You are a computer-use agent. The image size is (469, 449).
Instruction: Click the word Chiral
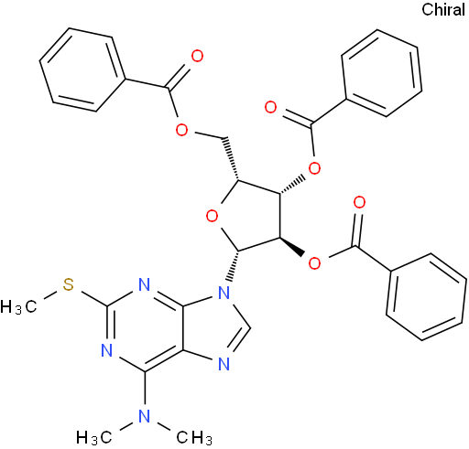point(443,9)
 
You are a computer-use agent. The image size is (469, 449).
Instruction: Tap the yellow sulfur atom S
point(69,284)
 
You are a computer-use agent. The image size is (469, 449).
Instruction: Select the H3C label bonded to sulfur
point(19,306)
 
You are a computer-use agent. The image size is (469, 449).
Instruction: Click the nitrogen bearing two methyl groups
point(145,416)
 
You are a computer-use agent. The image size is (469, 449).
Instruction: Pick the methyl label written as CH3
point(194,438)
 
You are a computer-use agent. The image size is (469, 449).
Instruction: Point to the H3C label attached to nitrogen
point(94,438)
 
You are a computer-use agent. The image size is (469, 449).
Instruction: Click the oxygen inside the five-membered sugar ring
point(212,216)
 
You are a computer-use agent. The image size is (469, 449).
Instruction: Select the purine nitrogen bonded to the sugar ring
point(224,293)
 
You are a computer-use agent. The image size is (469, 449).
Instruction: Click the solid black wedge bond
point(292,246)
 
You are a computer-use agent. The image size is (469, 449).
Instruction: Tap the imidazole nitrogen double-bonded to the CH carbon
point(224,364)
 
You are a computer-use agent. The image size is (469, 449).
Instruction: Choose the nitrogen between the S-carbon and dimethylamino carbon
point(107,350)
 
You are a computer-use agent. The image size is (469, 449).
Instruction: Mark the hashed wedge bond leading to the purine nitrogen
point(234,266)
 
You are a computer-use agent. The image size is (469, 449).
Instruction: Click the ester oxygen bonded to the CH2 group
point(182,130)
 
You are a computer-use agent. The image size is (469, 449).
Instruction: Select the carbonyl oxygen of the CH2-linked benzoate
point(197,57)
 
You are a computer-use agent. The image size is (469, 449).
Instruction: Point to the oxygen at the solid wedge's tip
point(315,262)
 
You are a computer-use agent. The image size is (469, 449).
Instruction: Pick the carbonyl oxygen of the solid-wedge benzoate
point(359,203)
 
